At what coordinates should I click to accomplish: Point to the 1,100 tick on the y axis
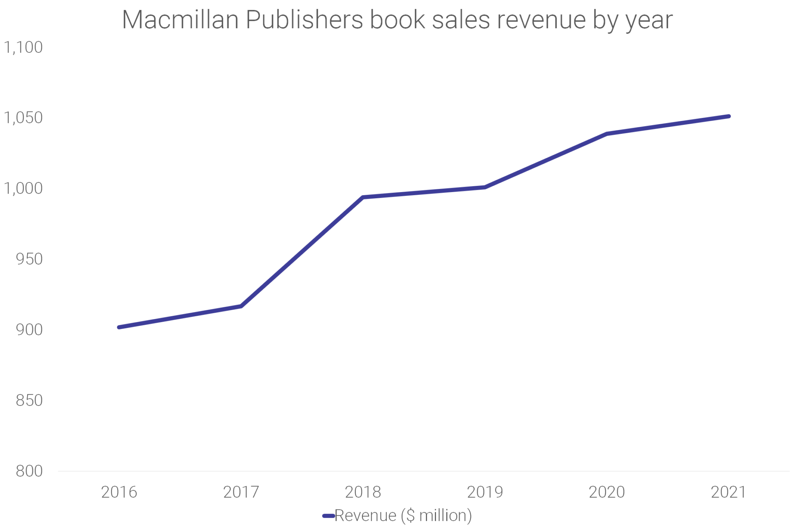coord(23,47)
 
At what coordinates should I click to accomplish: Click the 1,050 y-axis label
coord(23,118)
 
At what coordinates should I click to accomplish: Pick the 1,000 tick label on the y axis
coord(23,189)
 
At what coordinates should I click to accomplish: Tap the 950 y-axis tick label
coord(29,259)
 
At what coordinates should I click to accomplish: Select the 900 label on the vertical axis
coord(29,330)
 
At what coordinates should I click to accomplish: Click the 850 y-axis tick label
coord(29,400)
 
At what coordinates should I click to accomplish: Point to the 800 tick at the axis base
coord(29,471)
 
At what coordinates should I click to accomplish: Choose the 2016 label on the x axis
coord(119,492)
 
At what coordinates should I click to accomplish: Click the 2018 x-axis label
coord(363,492)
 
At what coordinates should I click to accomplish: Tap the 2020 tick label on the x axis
coord(607,492)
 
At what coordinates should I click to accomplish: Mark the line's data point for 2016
coord(119,327)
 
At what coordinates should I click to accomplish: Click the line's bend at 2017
coord(241,306)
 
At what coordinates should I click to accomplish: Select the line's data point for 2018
coord(363,197)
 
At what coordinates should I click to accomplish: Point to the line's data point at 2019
coord(485,187)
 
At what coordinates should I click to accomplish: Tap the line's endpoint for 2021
coord(729,116)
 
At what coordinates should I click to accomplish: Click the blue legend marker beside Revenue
coord(328,516)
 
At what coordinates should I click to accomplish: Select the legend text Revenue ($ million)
coord(403,516)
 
